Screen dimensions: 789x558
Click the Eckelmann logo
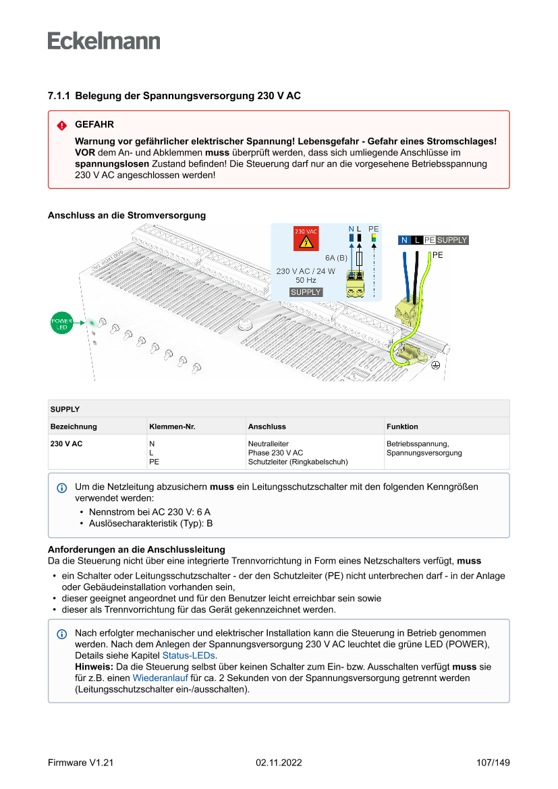[x=104, y=40]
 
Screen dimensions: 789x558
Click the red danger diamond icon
[x=62, y=126]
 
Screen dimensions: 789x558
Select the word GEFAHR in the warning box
[x=94, y=125]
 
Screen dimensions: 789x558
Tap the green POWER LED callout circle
[x=62, y=323]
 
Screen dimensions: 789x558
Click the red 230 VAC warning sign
[x=306, y=240]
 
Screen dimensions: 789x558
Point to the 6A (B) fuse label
[x=335, y=258]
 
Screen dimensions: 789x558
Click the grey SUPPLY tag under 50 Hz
[x=306, y=292]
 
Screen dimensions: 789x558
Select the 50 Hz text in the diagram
[x=306, y=280]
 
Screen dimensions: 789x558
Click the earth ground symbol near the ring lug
[x=435, y=364]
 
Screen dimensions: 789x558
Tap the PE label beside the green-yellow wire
[x=438, y=255]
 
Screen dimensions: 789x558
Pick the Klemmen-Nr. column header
[x=172, y=427]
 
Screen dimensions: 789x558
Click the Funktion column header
[x=402, y=427]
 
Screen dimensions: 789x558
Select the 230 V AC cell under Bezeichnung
[x=66, y=443]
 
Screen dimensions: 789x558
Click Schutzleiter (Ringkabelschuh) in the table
[x=298, y=462]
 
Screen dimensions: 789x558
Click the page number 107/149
[x=493, y=763]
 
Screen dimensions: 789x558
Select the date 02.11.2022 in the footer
[x=279, y=763]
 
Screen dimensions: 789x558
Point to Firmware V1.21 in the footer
[x=80, y=763]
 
